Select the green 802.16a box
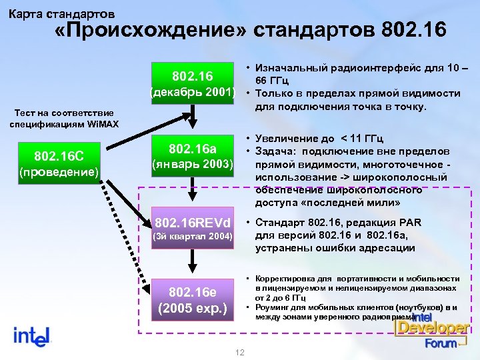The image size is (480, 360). click(x=192, y=155)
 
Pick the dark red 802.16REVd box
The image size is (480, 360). click(x=192, y=228)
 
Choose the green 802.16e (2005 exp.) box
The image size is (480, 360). click(x=192, y=299)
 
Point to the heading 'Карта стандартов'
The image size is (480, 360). click(x=61, y=13)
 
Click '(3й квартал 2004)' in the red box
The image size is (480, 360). click(x=192, y=237)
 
